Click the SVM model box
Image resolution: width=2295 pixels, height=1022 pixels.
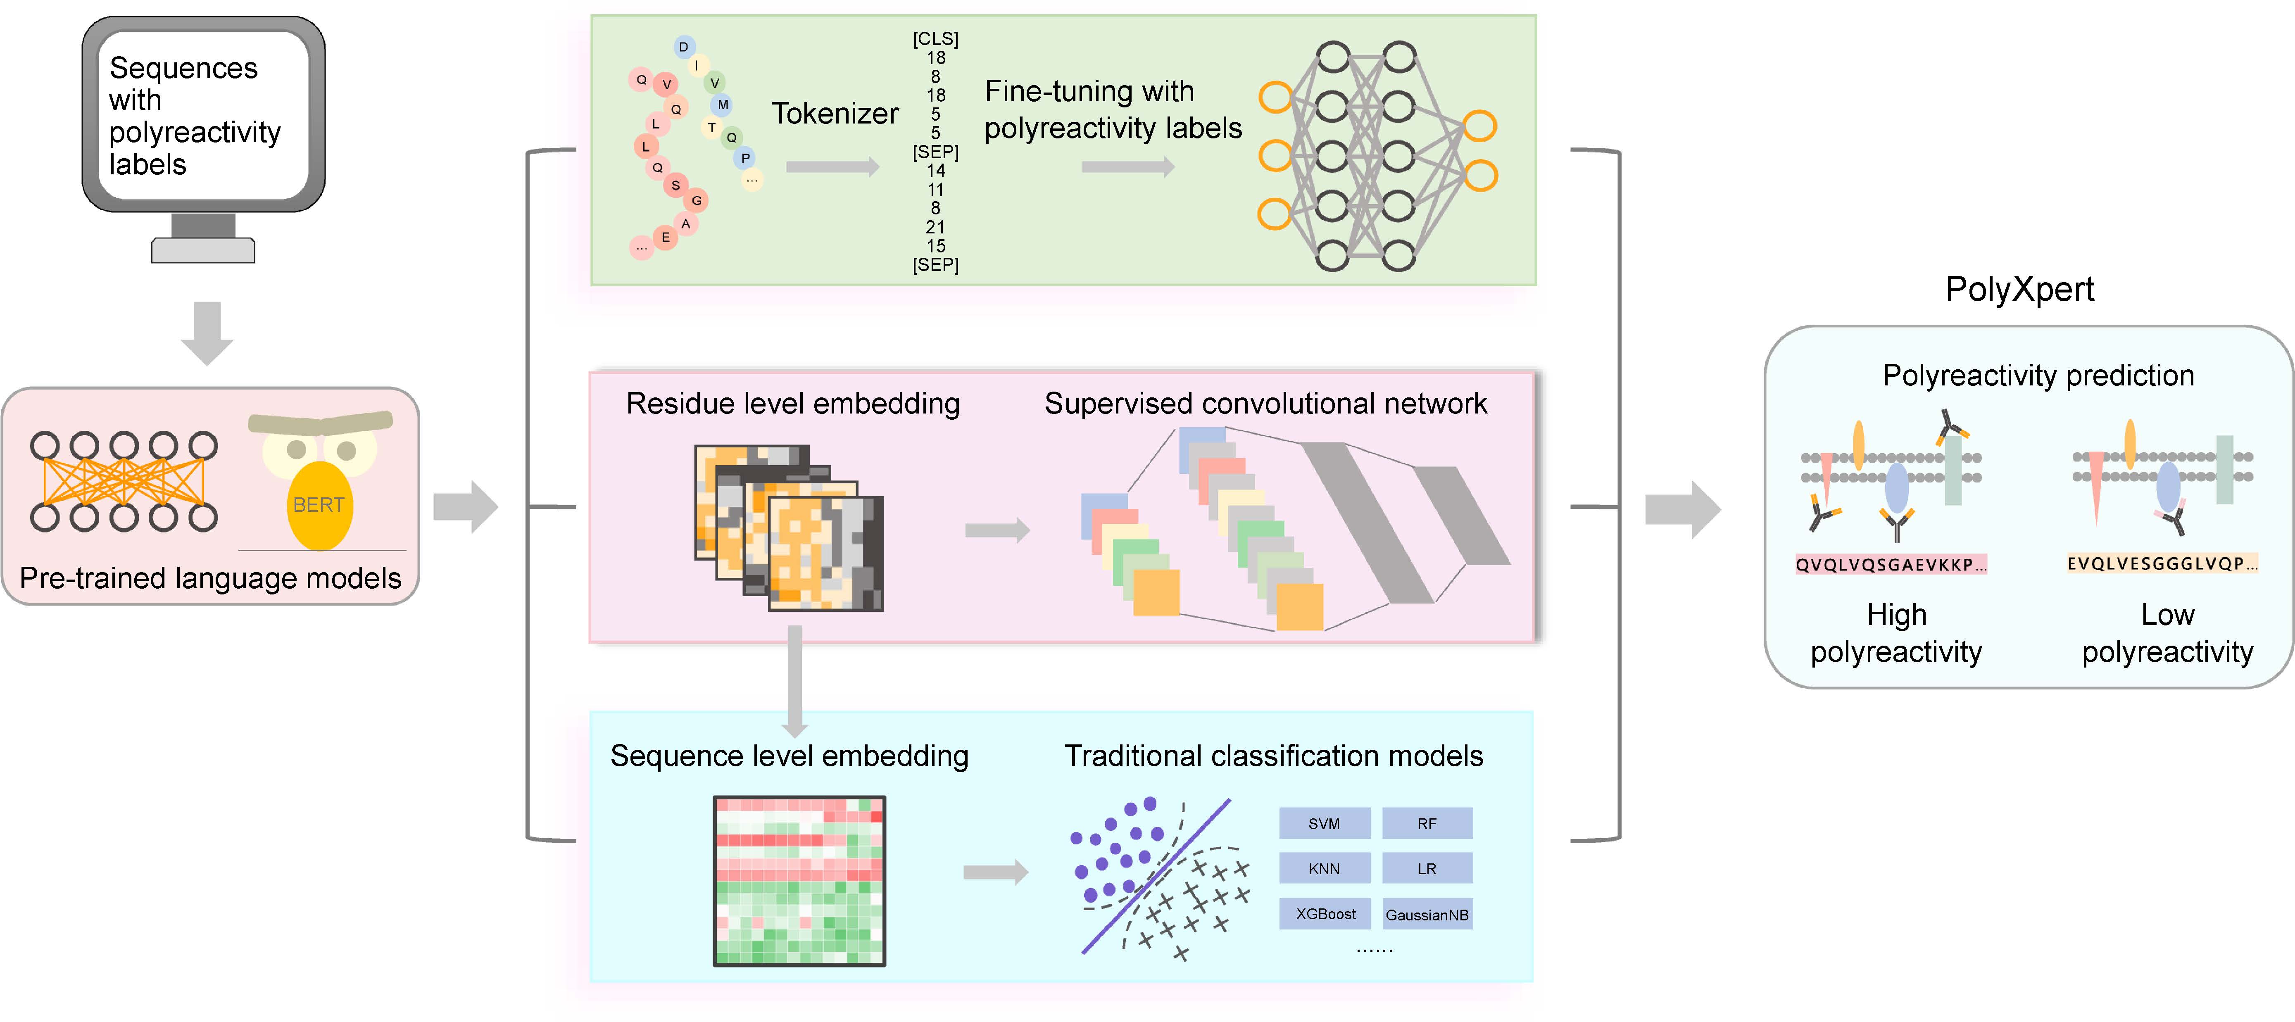point(1324,823)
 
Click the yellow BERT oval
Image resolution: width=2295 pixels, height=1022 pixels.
point(319,505)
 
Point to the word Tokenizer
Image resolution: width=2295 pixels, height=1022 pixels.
point(835,114)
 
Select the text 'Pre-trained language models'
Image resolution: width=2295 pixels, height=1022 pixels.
point(210,578)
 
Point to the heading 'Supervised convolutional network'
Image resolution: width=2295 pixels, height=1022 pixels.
point(1265,404)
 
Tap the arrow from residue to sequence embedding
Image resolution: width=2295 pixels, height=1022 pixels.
point(795,677)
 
